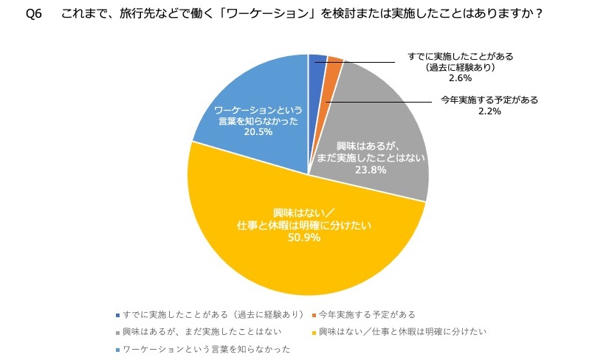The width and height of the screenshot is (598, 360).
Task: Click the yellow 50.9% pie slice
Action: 310,243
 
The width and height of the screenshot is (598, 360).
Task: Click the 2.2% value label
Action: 489,111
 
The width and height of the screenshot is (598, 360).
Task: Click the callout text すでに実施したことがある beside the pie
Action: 460,56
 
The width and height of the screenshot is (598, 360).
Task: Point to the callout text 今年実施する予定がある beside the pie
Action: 489,100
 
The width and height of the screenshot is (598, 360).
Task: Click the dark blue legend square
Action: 118,314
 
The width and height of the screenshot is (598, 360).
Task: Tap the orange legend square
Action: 315,314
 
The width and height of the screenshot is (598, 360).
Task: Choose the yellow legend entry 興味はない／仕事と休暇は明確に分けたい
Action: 402,331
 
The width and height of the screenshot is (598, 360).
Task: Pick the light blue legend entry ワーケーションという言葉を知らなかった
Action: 206,348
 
